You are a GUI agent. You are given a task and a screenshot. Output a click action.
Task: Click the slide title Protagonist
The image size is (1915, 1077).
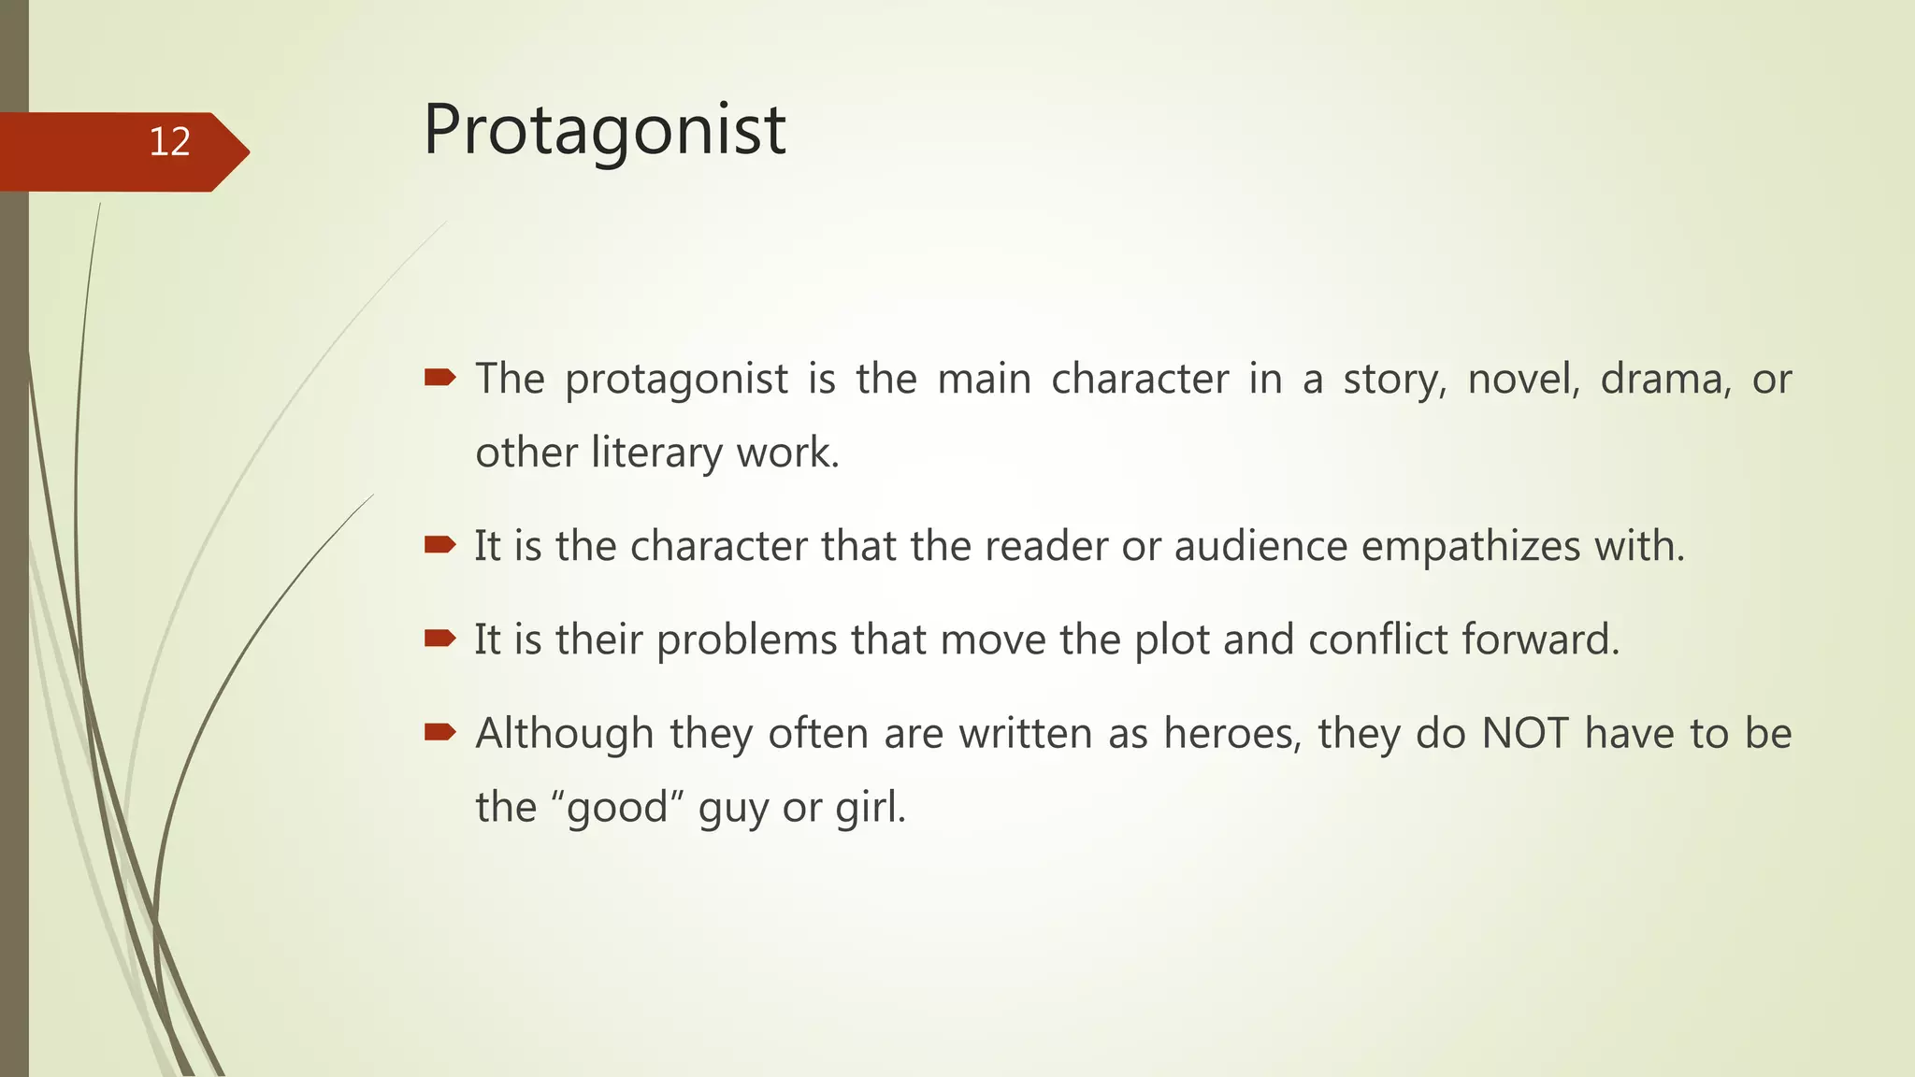click(604, 131)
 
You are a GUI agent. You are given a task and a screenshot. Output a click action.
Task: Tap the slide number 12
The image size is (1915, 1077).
click(169, 142)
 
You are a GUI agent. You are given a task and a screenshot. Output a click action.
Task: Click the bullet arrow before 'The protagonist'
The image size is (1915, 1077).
click(439, 378)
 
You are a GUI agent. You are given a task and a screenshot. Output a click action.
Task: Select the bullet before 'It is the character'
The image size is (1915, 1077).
click(439, 545)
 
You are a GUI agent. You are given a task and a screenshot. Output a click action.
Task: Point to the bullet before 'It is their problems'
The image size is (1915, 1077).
click(439, 639)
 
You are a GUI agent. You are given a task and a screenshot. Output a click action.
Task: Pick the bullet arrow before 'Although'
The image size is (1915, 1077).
click(439, 732)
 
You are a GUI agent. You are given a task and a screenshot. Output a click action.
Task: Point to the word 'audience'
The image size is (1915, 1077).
click(1260, 546)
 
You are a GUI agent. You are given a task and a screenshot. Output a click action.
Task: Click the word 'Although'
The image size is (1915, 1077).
click(564, 734)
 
